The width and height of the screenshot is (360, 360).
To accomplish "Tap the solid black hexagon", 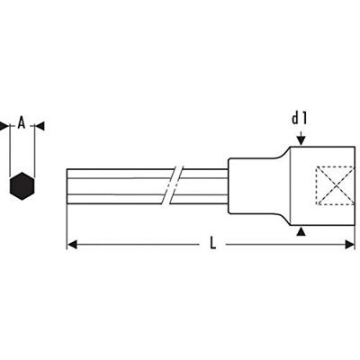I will point(19,187).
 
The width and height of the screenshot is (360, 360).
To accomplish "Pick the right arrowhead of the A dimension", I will point(33,126).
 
